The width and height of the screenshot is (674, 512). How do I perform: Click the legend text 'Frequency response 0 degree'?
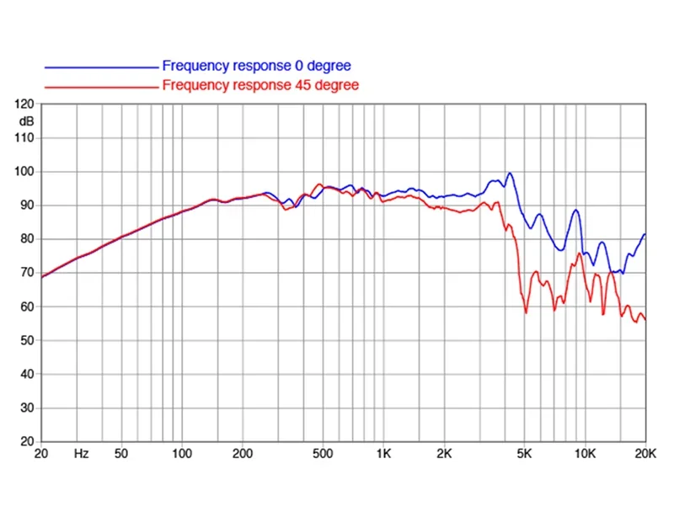click(x=256, y=66)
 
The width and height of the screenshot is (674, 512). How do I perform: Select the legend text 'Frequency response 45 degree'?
click(x=260, y=85)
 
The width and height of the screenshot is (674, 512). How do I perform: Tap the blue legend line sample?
click(x=101, y=67)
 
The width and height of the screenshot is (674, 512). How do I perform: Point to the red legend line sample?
click(x=101, y=86)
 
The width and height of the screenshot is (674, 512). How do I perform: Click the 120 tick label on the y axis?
click(x=25, y=104)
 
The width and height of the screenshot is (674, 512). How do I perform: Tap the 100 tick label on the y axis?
click(x=25, y=172)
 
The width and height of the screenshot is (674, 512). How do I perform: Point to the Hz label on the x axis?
click(x=82, y=453)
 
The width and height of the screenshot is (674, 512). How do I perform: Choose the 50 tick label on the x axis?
click(x=121, y=453)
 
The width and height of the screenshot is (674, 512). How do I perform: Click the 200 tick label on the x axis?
click(x=243, y=453)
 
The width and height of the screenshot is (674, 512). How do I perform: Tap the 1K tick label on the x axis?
click(x=384, y=453)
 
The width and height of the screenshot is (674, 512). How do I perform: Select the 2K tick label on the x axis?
click(x=445, y=453)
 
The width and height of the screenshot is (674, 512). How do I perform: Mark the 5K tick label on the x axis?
click(x=525, y=453)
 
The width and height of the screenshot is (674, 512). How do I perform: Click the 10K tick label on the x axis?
click(x=585, y=453)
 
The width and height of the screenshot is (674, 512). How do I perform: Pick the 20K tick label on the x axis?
click(x=645, y=453)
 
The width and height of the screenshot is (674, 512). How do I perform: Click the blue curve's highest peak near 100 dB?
click(x=509, y=173)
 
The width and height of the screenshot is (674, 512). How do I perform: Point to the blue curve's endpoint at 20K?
click(x=645, y=234)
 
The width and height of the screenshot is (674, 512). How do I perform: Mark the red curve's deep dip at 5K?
click(x=527, y=312)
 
